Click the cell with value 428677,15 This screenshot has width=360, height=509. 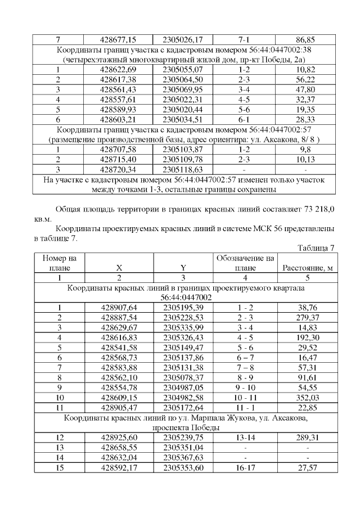[x=118, y=40]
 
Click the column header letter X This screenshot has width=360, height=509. [x=118, y=268]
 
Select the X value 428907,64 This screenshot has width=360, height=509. [x=118, y=307]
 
